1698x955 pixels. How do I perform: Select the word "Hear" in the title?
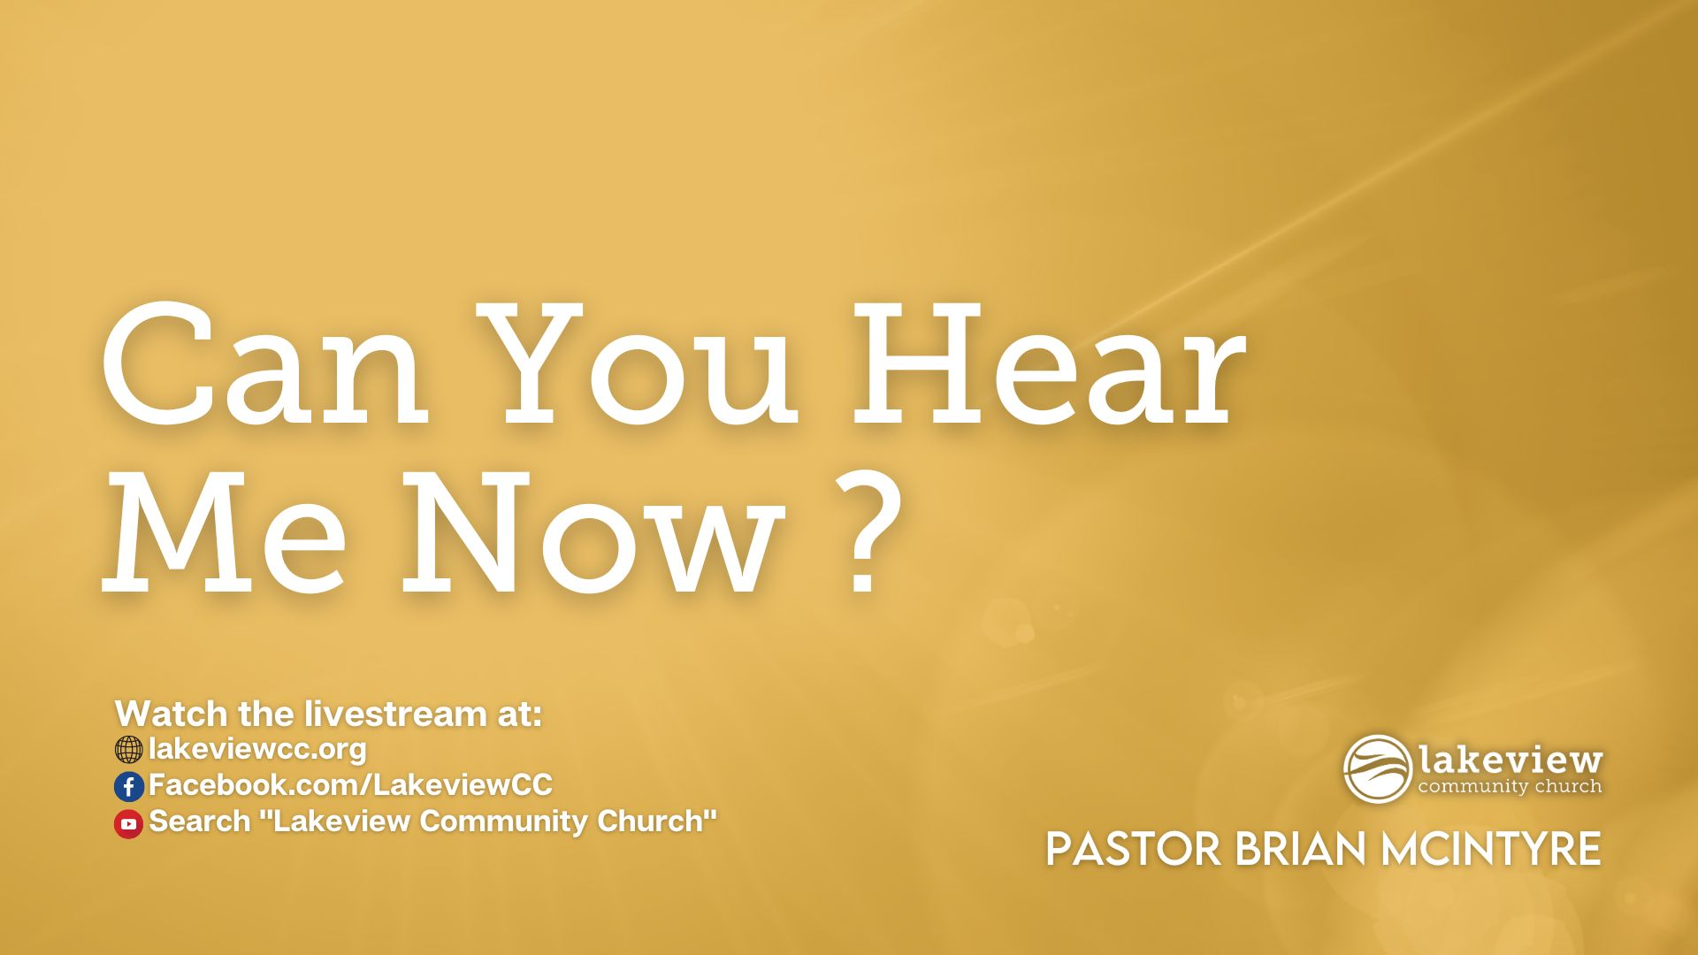[x=1049, y=364]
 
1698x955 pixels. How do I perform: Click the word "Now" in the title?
[x=593, y=531]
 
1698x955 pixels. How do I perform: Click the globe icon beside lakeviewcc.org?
[x=128, y=750]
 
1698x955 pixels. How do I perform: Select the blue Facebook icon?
[x=128, y=786]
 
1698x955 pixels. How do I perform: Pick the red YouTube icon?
[x=128, y=823]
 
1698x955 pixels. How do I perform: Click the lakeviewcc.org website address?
[x=257, y=749]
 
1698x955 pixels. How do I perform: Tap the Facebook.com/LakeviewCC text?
[x=350, y=784]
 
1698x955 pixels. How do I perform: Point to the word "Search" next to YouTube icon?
[x=200, y=821]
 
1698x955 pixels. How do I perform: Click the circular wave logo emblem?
[x=1378, y=768]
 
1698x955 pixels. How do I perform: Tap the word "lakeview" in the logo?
[x=1511, y=759]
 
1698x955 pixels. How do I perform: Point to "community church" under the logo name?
[x=1510, y=786]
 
